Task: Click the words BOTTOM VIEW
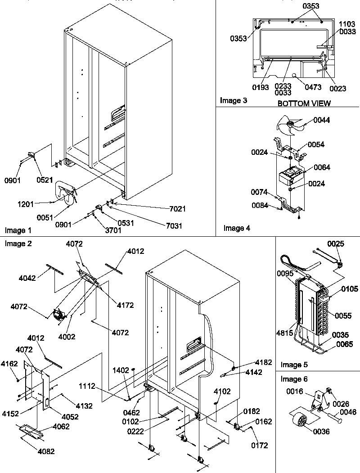(x=304, y=104)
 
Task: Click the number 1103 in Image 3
(x=346, y=23)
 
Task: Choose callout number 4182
(x=263, y=362)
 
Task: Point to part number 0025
(x=336, y=244)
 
